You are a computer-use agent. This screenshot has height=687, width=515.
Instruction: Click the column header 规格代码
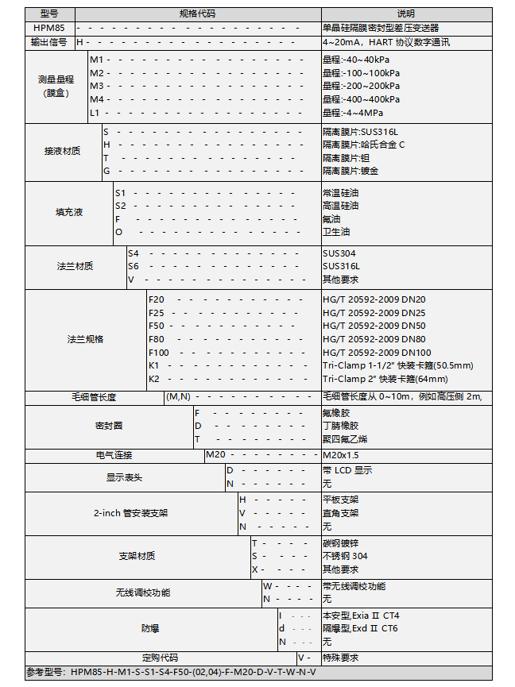pyautogui.click(x=197, y=14)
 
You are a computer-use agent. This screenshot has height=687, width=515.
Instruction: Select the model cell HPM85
pyautogui.click(x=49, y=28)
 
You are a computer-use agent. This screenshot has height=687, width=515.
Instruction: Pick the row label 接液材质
pyautogui.click(x=63, y=151)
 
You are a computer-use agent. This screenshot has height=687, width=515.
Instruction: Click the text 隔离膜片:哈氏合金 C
pyautogui.click(x=363, y=145)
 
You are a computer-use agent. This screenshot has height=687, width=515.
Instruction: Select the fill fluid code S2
pyautogui.click(x=121, y=206)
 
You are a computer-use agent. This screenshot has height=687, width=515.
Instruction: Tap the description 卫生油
pyautogui.click(x=336, y=232)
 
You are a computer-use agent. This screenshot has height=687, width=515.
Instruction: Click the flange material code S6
pyautogui.click(x=134, y=266)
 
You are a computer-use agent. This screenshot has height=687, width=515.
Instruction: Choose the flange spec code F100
pyautogui.click(x=159, y=353)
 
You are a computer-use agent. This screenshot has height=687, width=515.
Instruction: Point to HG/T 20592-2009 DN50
pyautogui.click(x=374, y=326)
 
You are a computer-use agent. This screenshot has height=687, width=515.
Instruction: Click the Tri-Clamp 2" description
pyautogui.click(x=385, y=379)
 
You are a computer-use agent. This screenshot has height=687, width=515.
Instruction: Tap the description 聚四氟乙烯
pyautogui.click(x=345, y=439)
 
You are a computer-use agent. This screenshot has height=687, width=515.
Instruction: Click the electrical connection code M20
pyautogui.click(x=216, y=455)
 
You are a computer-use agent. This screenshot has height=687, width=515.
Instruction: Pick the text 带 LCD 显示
pyautogui.click(x=347, y=470)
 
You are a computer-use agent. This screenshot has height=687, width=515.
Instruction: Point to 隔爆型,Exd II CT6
pyautogui.click(x=360, y=628)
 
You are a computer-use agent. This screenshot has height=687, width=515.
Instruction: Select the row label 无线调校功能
pyautogui.click(x=143, y=592)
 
